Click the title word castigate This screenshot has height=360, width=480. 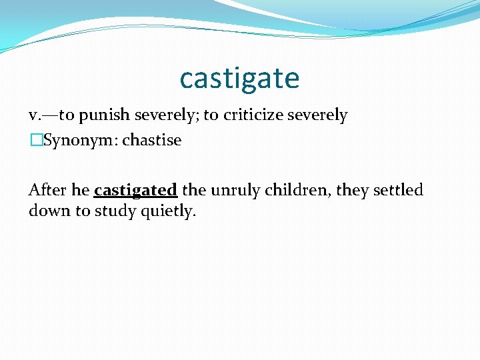(239, 79)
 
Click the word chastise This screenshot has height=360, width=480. (151, 141)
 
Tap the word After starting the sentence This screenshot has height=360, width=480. (48, 190)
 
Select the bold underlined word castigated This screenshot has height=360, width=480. (135, 191)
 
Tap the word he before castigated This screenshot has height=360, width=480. (81, 190)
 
